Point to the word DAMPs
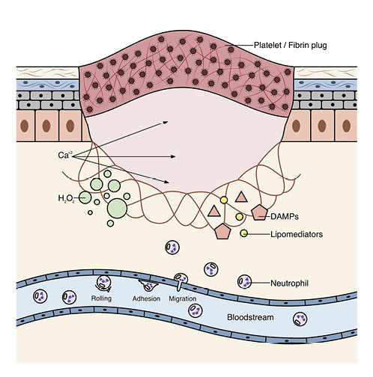coord(285,216)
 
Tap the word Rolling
coord(103,299)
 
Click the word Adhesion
coord(146,299)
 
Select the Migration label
coord(184,299)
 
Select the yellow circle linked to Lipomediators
coord(243,235)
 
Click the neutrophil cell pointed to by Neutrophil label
coord(244,282)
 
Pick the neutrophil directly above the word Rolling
coord(103,283)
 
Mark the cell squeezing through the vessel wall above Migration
coord(180,281)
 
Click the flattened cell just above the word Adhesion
coord(148,286)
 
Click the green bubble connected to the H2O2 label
coord(85,197)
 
